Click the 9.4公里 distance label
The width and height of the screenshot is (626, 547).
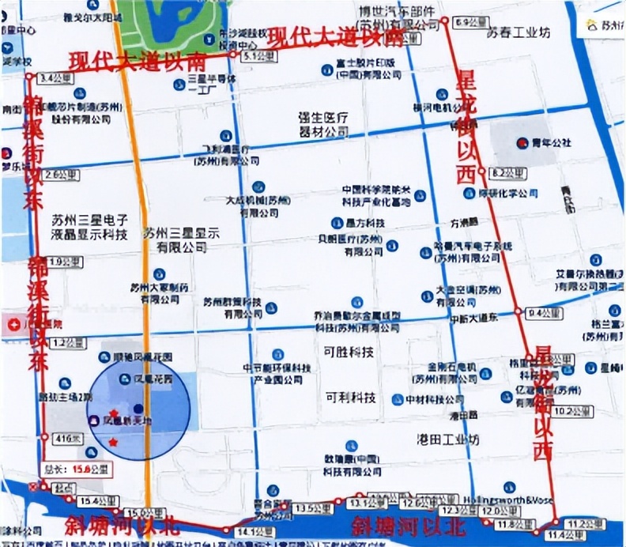(545, 313)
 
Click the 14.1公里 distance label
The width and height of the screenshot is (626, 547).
(248, 531)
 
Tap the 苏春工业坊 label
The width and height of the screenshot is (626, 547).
(519, 32)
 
